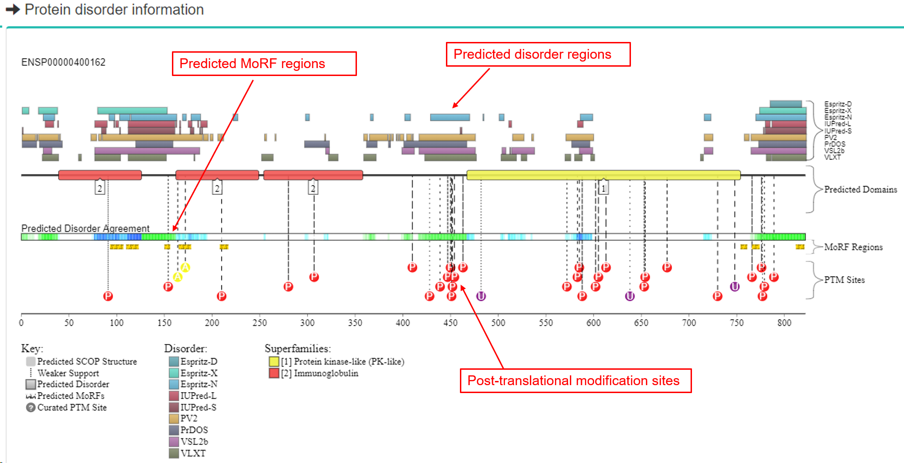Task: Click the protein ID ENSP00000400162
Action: (63, 62)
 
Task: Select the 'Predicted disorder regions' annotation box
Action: (538, 55)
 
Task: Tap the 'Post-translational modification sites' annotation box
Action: (575, 380)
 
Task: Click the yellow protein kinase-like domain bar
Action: (603, 175)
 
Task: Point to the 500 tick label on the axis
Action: (498, 323)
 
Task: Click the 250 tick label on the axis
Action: (260, 323)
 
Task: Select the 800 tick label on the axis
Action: (784, 323)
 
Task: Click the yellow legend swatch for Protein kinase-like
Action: (274, 361)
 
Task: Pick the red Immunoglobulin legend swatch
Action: (274, 373)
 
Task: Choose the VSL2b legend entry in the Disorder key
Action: (194, 441)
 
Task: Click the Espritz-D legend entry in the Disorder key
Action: (199, 361)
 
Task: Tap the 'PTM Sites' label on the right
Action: (844, 280)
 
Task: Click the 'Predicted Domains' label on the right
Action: (860, 189)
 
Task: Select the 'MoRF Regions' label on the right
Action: (853, 247)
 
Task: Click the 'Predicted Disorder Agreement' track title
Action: (85, 228)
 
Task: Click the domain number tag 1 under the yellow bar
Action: (603, 188)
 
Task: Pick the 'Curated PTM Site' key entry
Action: (72, 407)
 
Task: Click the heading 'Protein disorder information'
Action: (114, 9)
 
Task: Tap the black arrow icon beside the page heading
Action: (13, 9)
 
